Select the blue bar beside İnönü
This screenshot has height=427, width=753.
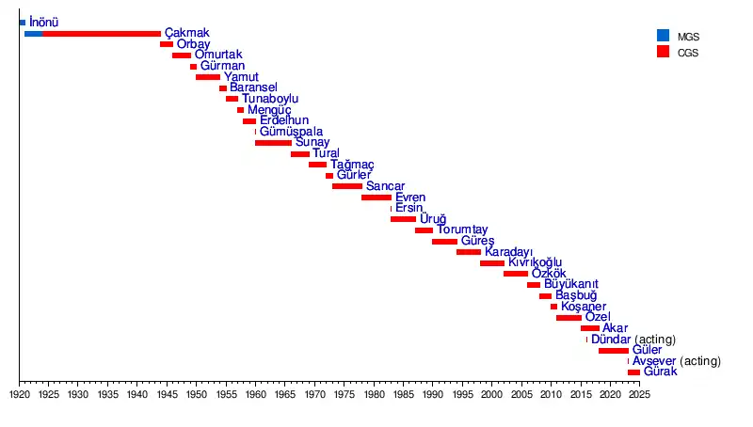(x=23, y=22)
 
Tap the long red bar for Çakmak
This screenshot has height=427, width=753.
(x=101, y=33)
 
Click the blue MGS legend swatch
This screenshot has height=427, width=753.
(x=663, y=36)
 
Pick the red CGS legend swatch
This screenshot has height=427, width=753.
(x=663, y=53)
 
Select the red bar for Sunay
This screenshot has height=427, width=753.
(x=273, y=143)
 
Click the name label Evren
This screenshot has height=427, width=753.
(x=410, y=198)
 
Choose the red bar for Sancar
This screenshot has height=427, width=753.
(x=346, y=186)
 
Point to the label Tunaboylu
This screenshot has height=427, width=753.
(x=270, y=99)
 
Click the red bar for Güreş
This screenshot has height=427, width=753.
(x=444, y=242)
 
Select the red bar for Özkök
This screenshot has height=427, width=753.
(x=516, y=274)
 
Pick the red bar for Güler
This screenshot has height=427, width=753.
(x=613, y=351)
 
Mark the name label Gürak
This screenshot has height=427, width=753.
(x=660, y=372)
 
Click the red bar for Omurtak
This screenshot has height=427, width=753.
(x=182, y=55)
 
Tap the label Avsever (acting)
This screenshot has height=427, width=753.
(x=676, y=361)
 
